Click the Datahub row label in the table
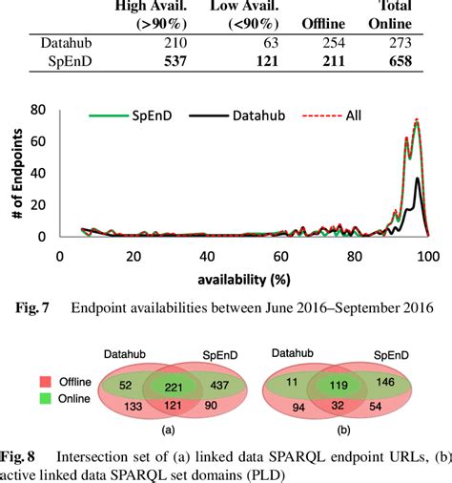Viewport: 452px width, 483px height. point(65,42)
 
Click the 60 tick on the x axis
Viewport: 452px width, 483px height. point(279,257)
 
